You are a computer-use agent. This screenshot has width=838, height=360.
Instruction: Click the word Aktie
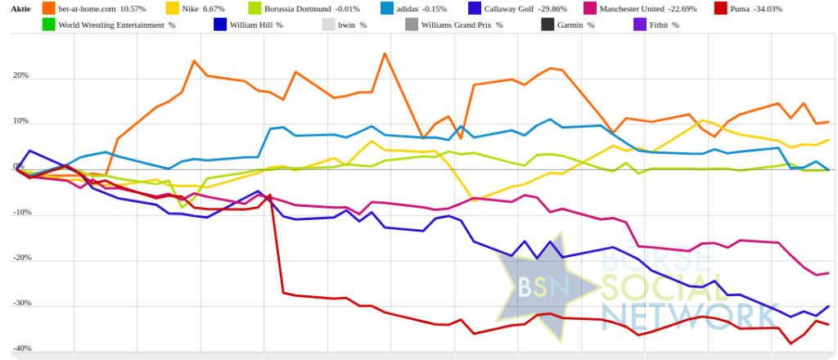click(x=20, y=10)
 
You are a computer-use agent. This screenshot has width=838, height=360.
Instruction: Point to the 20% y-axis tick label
click(x=20, y=76)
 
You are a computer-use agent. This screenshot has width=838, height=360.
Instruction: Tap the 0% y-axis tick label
click(x=18, y=168)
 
